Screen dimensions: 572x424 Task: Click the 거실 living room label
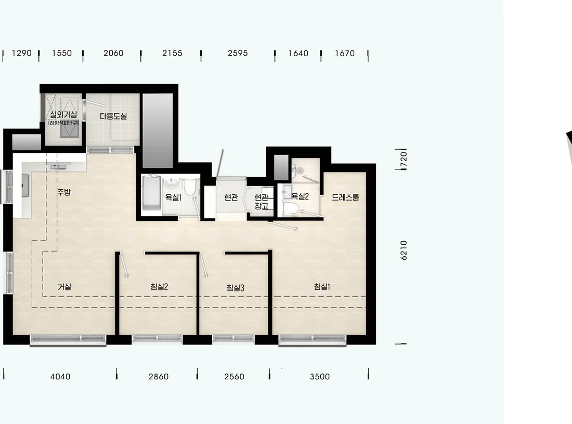click(64, 287)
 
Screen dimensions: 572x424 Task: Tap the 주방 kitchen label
click(64, 192)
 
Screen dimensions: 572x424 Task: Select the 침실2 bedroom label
click(159, 286)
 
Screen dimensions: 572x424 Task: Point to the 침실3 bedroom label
click(235, 288)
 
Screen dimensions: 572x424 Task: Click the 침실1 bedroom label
click(322, 286)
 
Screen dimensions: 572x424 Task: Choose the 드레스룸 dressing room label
click(345, 197)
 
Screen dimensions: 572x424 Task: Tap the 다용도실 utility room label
click(113, 116)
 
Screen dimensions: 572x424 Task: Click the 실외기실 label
click(63, 114)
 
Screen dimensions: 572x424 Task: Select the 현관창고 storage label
click(262, 202)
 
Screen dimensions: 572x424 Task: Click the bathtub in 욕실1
click(151, 193)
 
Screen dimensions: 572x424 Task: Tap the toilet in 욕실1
click(189, 187)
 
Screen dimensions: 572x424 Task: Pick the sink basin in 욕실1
click(171, 182)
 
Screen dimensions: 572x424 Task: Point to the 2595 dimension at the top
click(238, 53)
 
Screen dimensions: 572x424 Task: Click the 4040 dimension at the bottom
click(60, 377)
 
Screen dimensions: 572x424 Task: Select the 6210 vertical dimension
click(404, 250)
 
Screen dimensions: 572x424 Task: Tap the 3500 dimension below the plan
click(320, 377)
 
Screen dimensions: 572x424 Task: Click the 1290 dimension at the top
click(21, 53)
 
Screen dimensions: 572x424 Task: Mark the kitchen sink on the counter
click(25, 186)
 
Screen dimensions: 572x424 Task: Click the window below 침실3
click(233, 339)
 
